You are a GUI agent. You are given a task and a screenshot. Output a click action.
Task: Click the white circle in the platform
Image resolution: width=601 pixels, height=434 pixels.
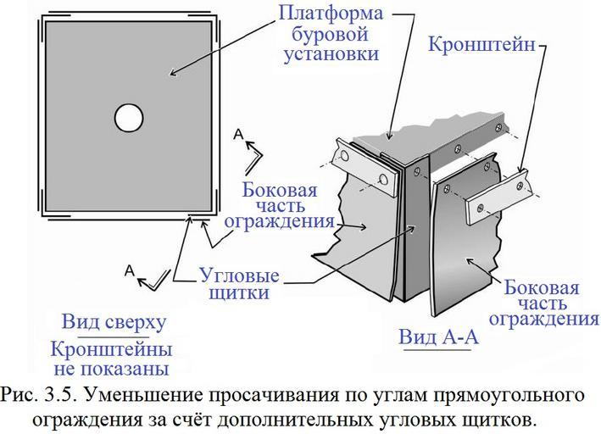coord(128,118)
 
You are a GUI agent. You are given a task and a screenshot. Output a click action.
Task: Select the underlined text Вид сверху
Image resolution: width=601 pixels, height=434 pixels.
coord(114,323)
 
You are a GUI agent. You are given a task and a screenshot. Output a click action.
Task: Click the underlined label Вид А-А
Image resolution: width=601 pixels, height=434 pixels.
coord(438,337)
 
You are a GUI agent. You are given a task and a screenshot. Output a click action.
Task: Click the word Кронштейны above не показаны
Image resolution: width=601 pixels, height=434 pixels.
coord(111,348)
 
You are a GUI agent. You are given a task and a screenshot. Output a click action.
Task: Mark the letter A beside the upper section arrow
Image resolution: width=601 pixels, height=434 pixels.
coord(240,135)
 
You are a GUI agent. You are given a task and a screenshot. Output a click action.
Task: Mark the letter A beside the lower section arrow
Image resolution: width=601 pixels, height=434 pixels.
coord(130,270)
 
